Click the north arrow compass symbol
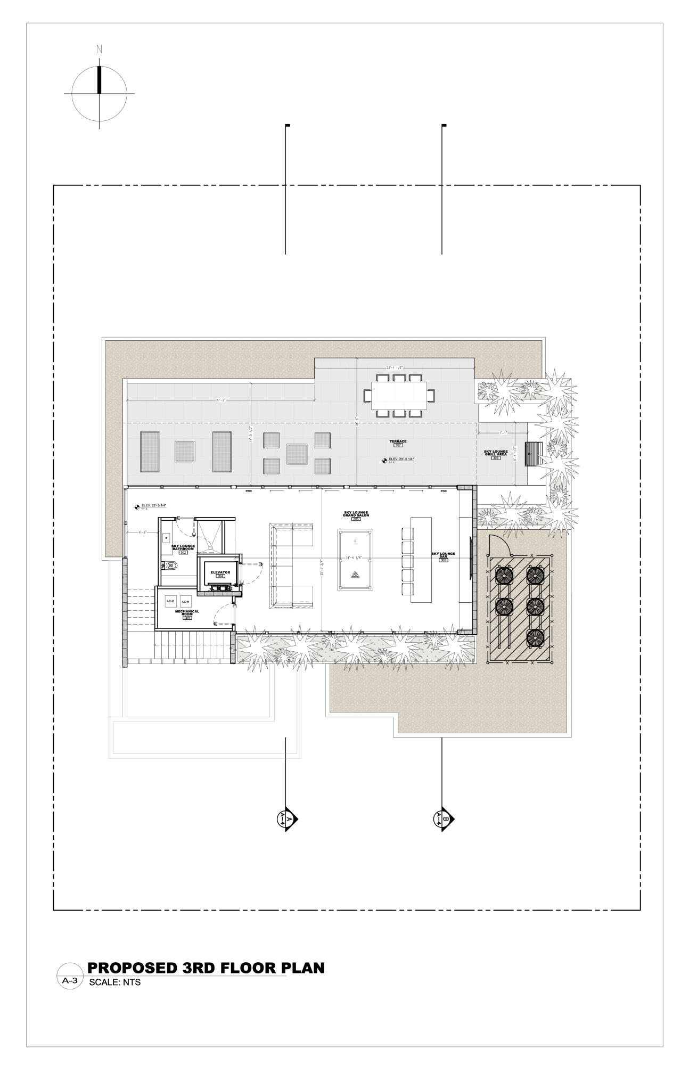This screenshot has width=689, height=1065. [99, 93]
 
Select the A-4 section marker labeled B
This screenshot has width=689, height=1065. [442, 818]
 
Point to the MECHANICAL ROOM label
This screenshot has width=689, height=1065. [187, 613]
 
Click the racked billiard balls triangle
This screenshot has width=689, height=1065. [355, 575]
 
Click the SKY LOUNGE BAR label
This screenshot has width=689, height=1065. [443, 555]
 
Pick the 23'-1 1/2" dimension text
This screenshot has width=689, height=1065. [397, 368]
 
